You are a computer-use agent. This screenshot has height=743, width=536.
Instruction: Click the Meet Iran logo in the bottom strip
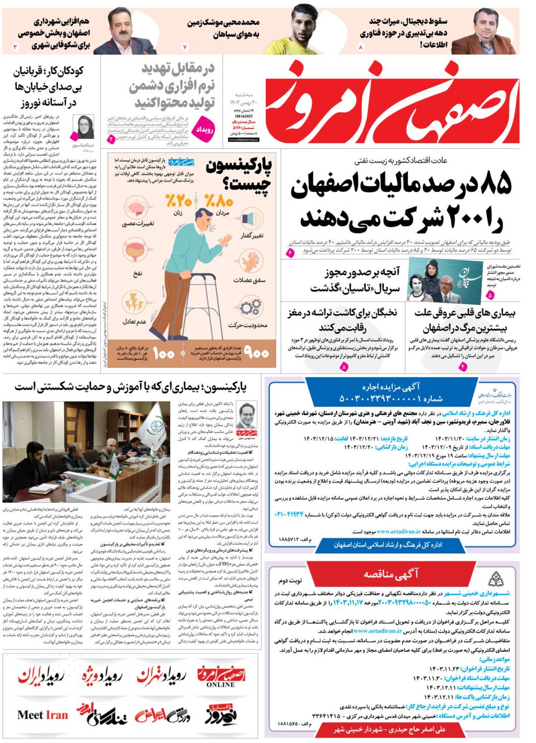pos(42,715)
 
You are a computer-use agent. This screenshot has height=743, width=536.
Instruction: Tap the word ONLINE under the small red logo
pos(220,684)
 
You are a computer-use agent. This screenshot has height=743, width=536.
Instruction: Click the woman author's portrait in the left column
pos(85,126)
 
